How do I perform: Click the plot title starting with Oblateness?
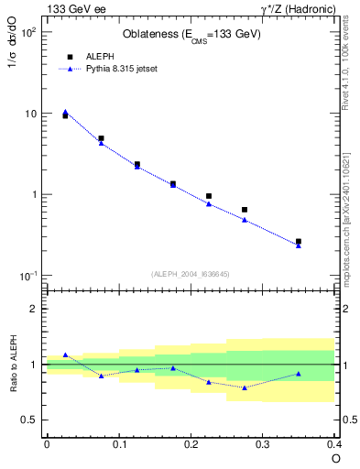tap(191, 35)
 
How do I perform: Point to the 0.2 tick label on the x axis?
tap(191, 443)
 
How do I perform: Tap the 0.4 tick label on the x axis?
tap(333, 443)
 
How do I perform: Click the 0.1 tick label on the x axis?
tap(118, 443)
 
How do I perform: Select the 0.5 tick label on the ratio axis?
tap(31, 420)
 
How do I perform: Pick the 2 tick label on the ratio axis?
tap(36, 309)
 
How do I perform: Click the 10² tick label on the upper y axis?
tap(27, 32)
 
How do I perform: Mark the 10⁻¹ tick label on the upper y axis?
tap(27, 276)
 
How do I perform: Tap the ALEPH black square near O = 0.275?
tap(245, 210)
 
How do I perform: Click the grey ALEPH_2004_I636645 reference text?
tap(191, 274)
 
